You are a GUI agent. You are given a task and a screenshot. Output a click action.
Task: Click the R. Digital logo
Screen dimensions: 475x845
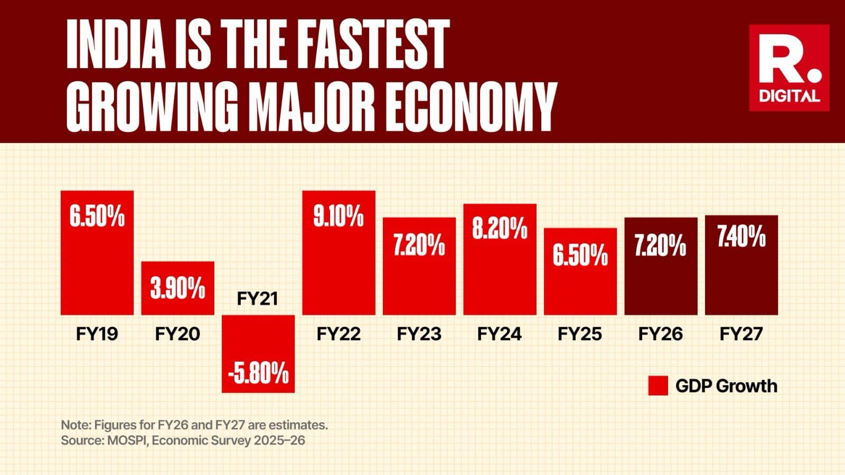(x=789, y=68)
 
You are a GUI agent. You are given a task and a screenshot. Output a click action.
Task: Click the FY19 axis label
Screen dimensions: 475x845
(x=97, y=334)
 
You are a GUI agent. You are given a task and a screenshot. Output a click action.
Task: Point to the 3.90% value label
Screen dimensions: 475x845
(x=177, y=289)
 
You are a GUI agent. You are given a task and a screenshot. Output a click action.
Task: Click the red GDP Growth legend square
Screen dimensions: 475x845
(x=658, y=386)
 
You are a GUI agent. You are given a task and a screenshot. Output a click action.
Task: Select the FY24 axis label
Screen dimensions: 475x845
(x=499, y=334)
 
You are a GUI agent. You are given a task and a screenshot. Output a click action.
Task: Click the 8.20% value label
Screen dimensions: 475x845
(x=500, y=229)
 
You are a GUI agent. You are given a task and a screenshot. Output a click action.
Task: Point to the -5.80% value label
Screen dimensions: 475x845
(x=258, y=374)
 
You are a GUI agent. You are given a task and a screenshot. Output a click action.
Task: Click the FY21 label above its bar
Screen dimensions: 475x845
(x=257, y=299)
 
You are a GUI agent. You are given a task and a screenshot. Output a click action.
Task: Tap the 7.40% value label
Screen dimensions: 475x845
(x=741, y=237)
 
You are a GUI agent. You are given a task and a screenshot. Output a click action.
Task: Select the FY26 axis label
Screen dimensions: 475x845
(x=660, y=334)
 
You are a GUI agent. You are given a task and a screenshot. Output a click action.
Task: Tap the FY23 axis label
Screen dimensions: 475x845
(x=419, y=334)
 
